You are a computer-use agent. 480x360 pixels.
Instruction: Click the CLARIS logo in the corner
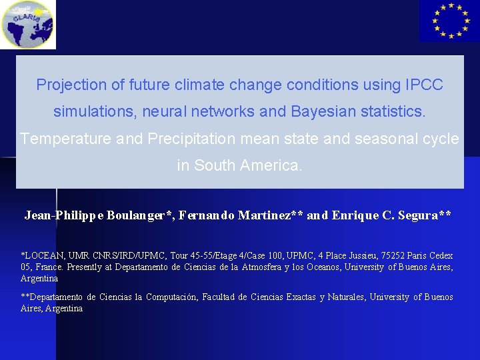[27, 25]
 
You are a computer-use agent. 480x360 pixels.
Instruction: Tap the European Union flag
[449, 21]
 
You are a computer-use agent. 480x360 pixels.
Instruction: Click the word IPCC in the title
[423, 85]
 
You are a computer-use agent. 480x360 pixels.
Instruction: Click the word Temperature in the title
[58, 139]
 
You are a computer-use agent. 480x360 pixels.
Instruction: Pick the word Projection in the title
[67, 85]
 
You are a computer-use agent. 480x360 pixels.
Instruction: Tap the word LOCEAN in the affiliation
[44, 256]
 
